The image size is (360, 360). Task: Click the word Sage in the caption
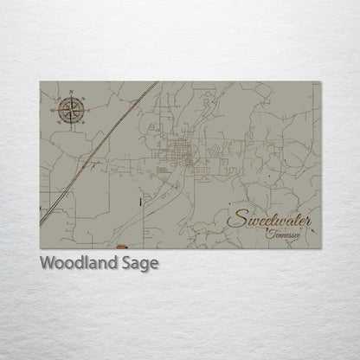tap(141, 264)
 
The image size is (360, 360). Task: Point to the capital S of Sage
tap(129, 263)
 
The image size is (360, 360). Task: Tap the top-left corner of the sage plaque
tap(40, 81)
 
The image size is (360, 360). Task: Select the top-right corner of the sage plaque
tap(320, 81)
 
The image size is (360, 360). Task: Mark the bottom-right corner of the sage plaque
tap(320, 247)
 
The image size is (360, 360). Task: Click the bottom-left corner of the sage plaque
tap(40, 247)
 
